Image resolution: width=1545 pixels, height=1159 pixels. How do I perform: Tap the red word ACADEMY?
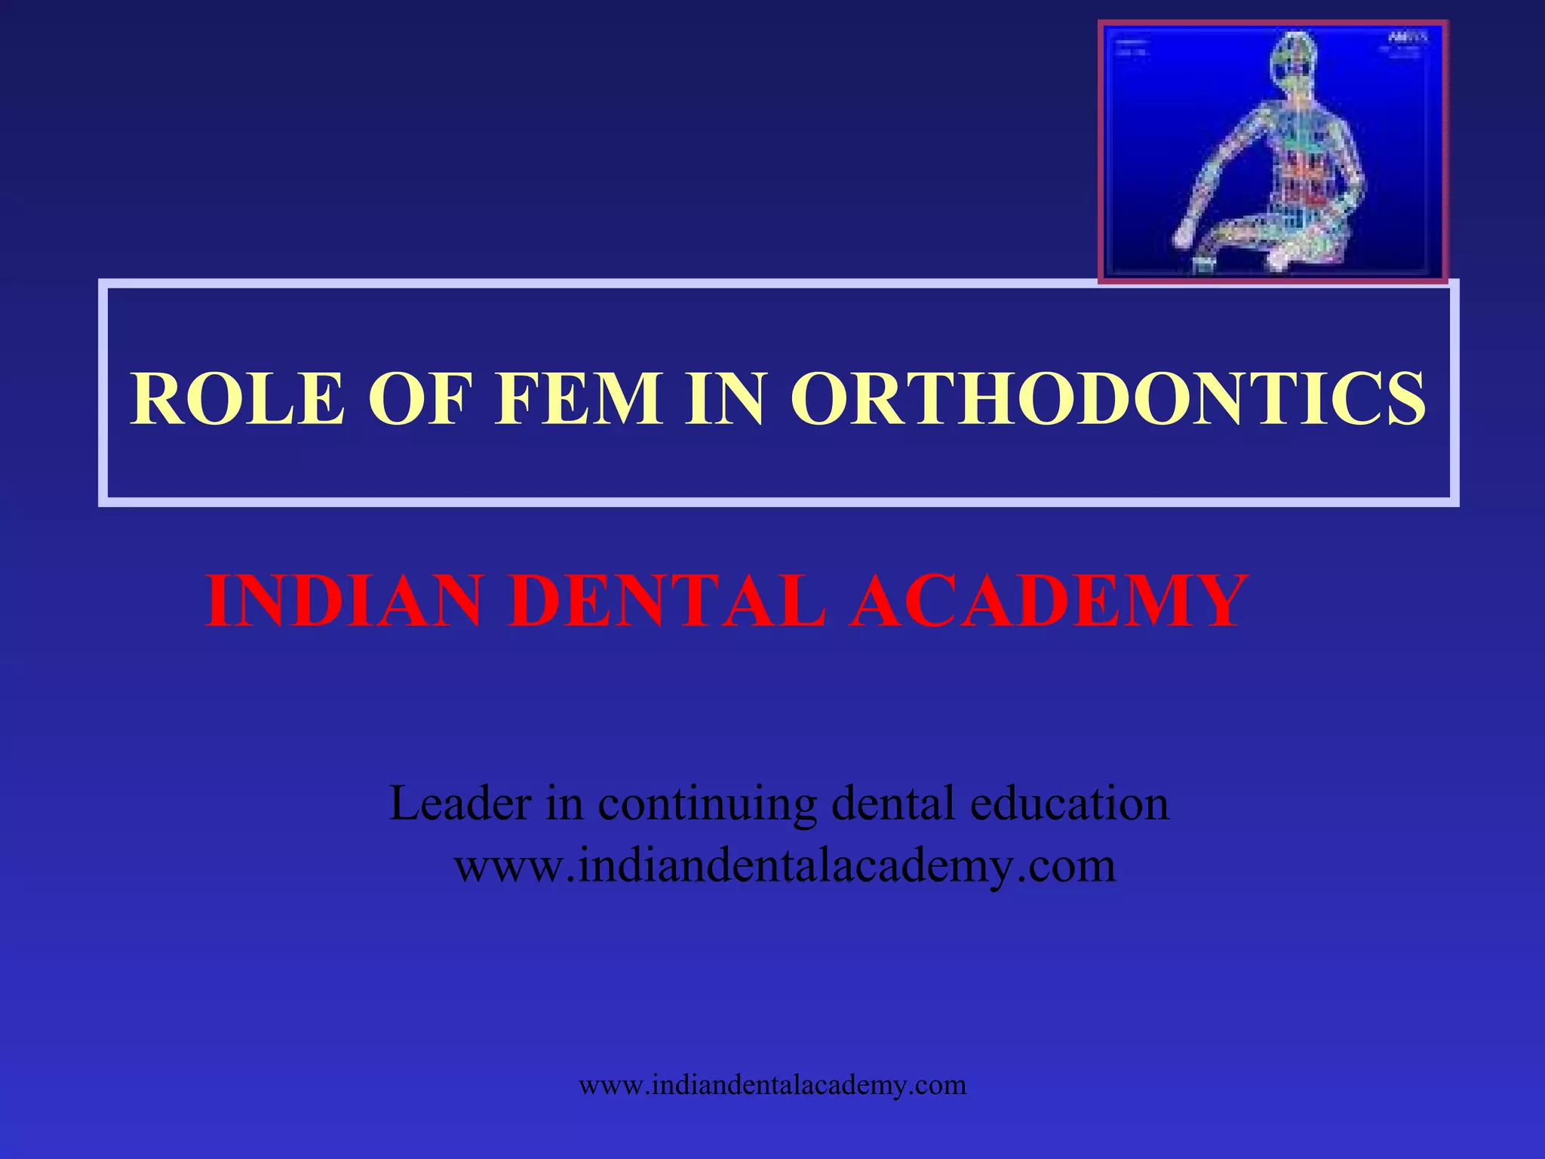(x=1049, y=601)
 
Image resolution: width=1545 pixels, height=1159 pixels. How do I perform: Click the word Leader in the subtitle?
(x=460, y=803)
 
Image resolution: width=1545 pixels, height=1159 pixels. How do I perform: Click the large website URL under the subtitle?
(x=785, y=866)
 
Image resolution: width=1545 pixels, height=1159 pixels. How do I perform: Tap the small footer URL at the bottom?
(x=772, y=1085)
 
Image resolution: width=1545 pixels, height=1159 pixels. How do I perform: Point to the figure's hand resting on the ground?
(x=1185, y=234)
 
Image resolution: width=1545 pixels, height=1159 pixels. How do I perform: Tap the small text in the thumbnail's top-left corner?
(x=1132, y=47)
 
